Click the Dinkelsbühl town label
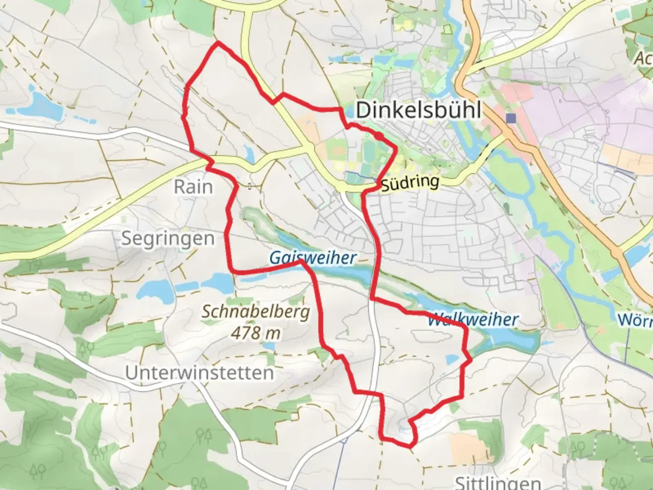[x=418, y=110]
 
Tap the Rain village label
[x=193, y=187]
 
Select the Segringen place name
[x=168, y=239]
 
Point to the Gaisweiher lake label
[x=313, y=258]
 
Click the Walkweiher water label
[x=473, y=320]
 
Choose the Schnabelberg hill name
[x=256, y=312]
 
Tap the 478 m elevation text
[x=256, y=333]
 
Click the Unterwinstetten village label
[x=200, y=373]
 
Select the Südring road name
[x=410, y=183]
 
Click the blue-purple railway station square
[x=512, y=118]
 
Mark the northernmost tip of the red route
[x=218, y=42]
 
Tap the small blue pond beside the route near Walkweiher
[x=452, y=360]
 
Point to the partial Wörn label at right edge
[x=635, y=320]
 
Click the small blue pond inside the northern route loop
[x=249, y=152]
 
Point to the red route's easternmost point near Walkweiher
[x=471, y=360]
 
